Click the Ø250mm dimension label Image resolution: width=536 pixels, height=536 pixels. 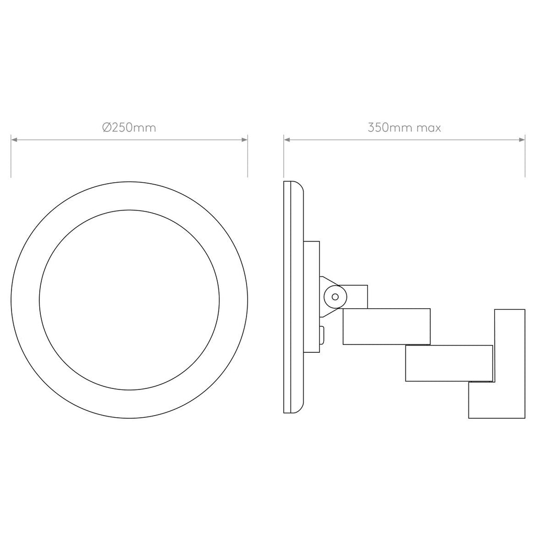tap(129, 128)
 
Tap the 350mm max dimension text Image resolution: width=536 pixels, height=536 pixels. tap(404, 128)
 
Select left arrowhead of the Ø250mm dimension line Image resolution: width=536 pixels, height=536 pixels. tap(14, 140)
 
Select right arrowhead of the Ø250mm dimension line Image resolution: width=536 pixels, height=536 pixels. tap(244, 140)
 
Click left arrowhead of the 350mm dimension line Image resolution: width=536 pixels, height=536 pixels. tap(287, 140)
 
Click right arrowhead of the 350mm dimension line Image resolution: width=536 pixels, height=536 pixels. tap(521, 140)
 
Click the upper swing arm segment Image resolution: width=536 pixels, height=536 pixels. tap(386, 326)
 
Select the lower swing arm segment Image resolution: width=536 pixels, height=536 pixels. tap(449, 363)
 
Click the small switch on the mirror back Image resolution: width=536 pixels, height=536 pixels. tap(322, 333)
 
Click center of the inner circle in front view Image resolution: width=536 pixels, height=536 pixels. tap(129, 299)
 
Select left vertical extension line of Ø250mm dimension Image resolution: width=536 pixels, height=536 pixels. tap(12, 157)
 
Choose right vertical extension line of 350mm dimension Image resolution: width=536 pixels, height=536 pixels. tap(524, 157)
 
